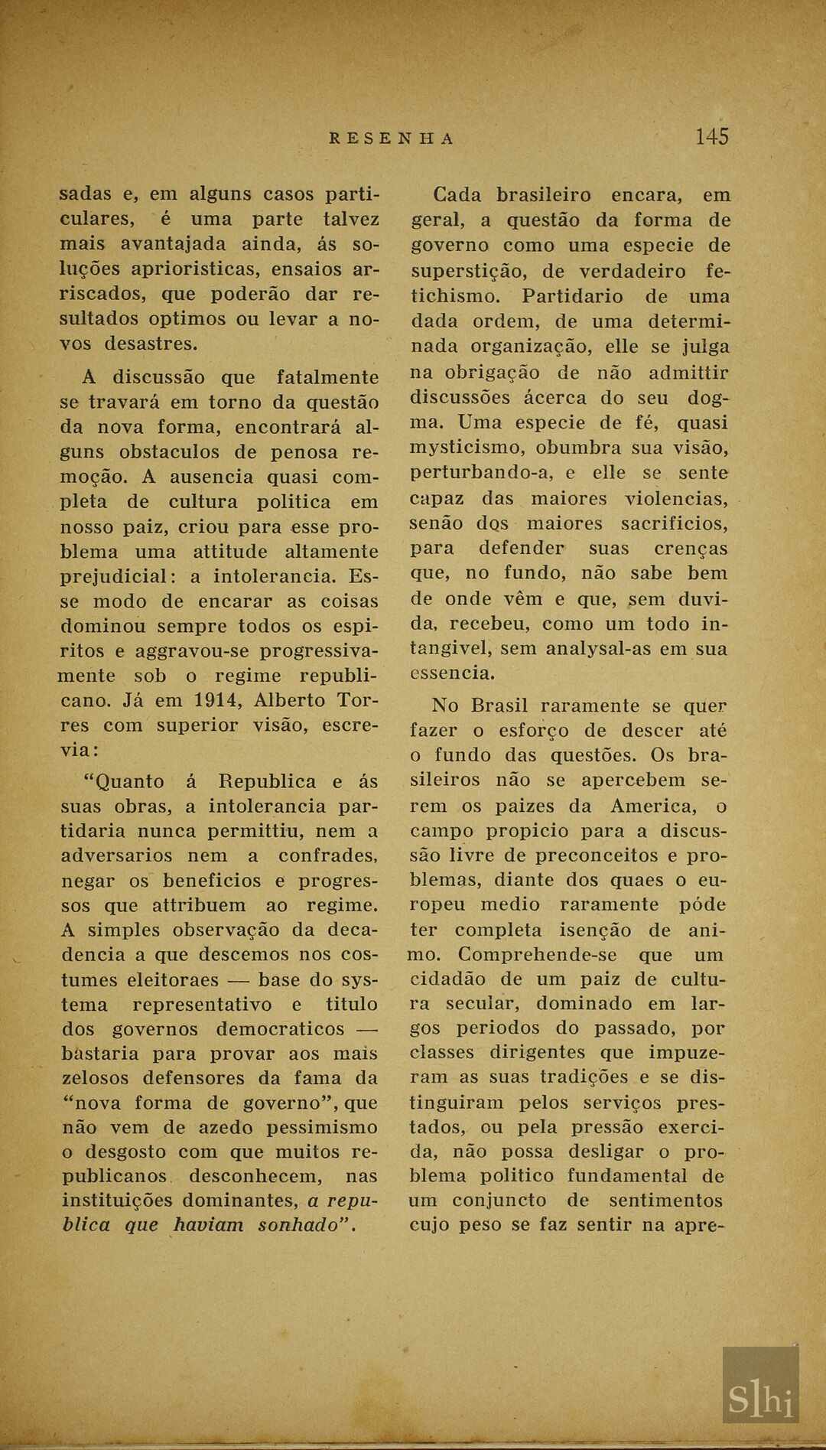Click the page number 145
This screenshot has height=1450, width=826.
[711, 136]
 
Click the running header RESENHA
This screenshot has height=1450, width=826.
[392, 138]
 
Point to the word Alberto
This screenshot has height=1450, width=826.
[289, 700]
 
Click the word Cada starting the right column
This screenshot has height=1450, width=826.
[457, 195]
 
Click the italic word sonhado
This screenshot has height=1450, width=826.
[303, 1225]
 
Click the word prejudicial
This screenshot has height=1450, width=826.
[119, 576]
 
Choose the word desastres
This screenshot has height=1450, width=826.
[151, 344]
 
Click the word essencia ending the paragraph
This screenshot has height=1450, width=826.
[452, 673]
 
